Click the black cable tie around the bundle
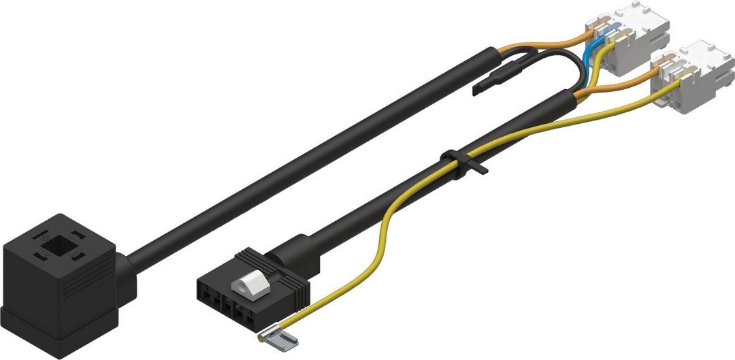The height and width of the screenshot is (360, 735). (457, 163)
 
